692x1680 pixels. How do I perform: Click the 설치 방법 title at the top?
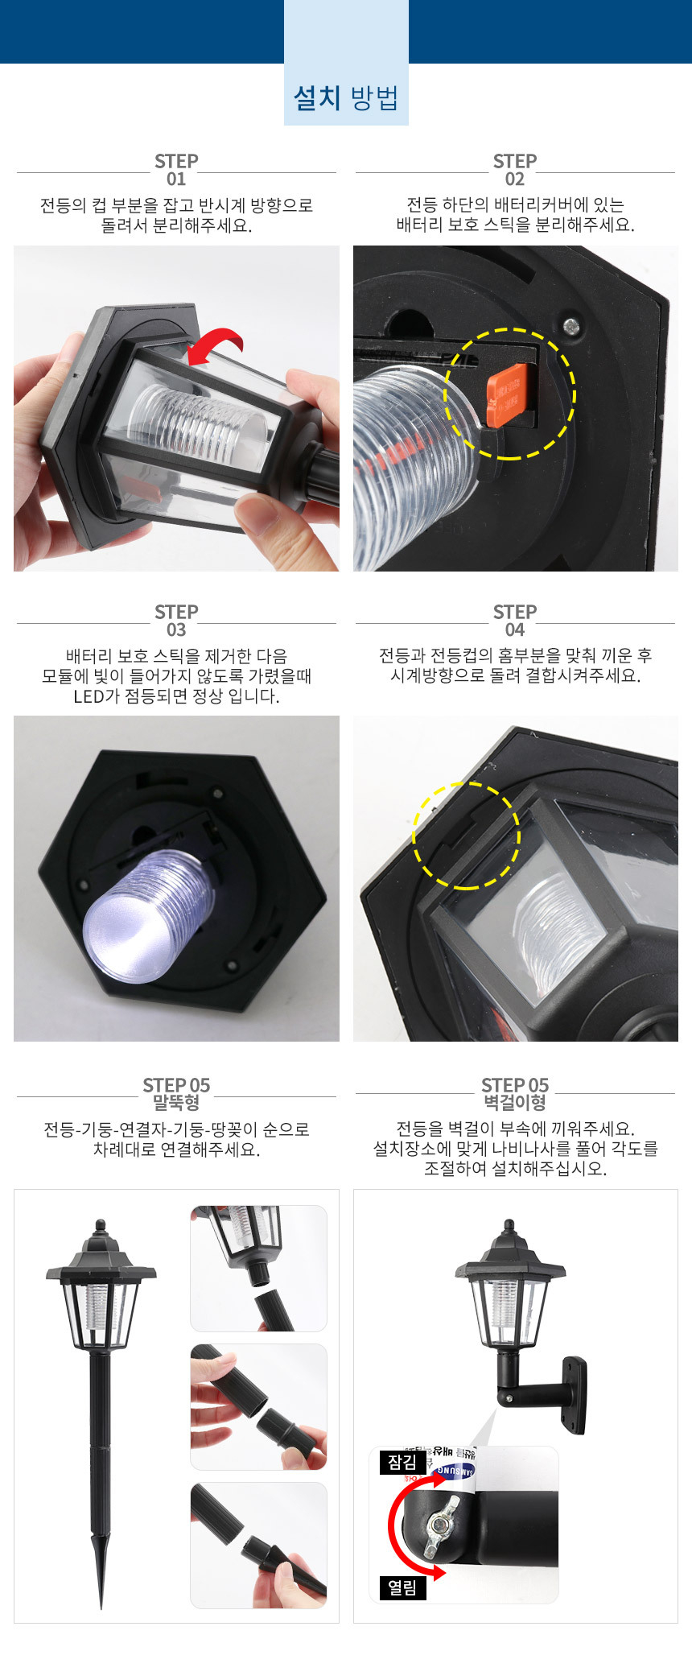coord(346,98)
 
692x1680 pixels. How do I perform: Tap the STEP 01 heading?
coord(176,170)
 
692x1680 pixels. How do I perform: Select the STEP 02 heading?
coord(515,170)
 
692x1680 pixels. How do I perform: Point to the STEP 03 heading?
coord(176,621)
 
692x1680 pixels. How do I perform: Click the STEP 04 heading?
coord(515,621)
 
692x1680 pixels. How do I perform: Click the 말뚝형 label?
coord(176,1103)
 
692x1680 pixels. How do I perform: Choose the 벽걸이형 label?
coord(515,1103)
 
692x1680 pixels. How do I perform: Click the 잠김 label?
coord(402,1462)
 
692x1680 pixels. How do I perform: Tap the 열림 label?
coord(402,1587)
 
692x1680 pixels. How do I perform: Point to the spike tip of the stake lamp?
coord(101,1605)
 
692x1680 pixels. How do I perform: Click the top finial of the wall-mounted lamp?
coord(509,1227)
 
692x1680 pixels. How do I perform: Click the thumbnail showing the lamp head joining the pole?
coord(258,1269)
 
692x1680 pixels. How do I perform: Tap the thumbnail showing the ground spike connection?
coord(258,1546)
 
